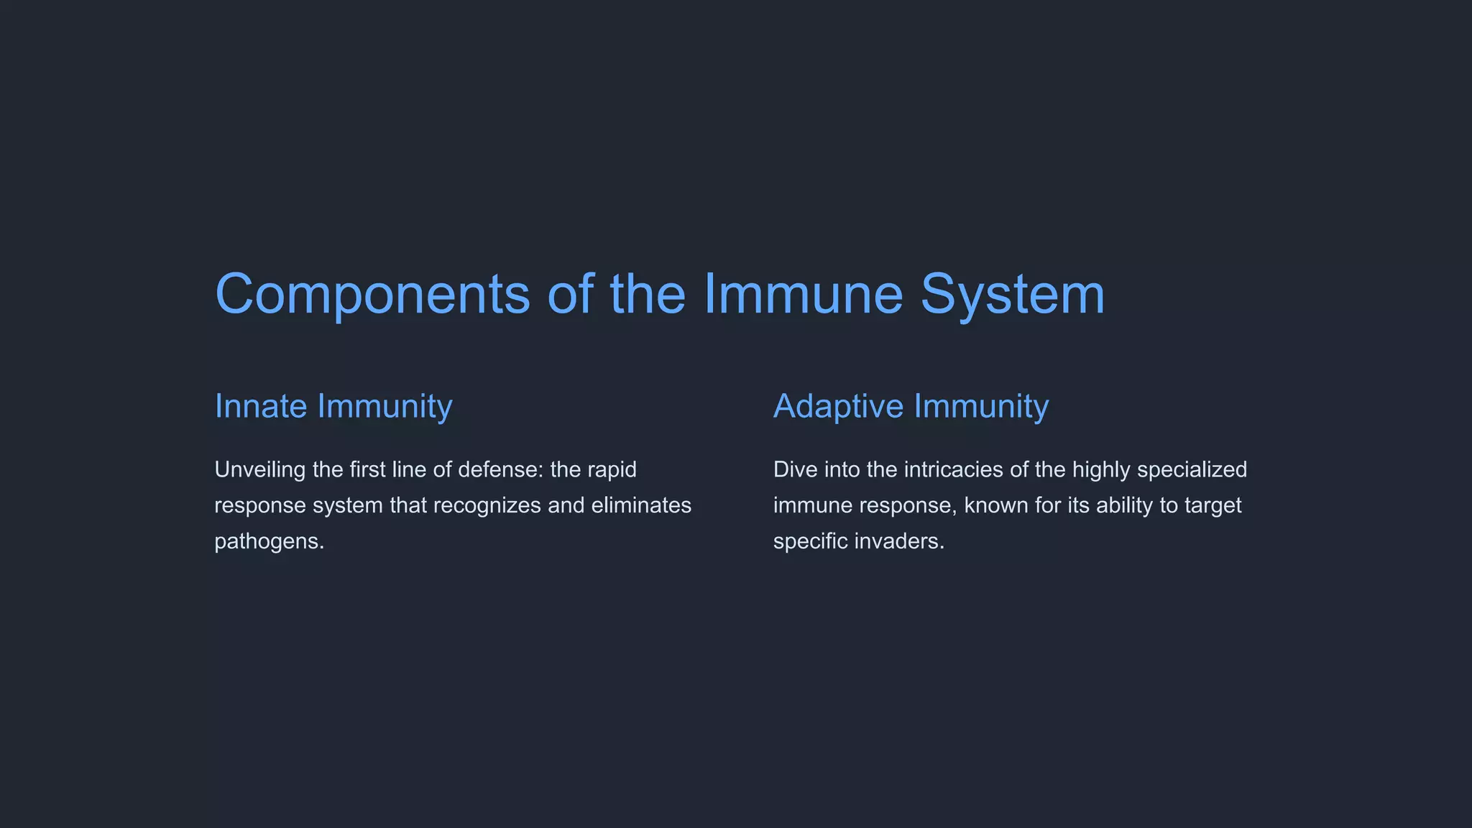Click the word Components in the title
(x=372, y=295)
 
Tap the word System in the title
(x=1012, y=295)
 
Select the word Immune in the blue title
(x=802, y=295)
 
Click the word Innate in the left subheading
(x=261, y=407)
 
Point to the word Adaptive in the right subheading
(x=838, y=407)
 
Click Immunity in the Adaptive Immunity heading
(x=981, y=407)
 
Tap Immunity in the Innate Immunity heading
(x=385, y=407)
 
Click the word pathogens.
(x=269, y=542)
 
